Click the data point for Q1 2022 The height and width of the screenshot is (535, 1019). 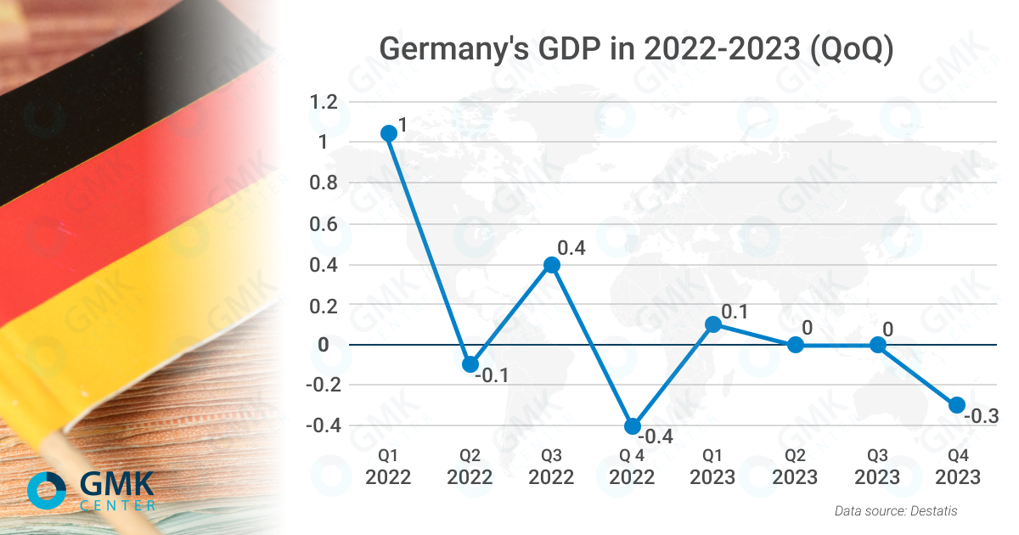click(x=389, y=133)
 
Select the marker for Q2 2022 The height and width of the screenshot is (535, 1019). click(x=470, y=364)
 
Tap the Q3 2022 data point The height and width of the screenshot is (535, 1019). click(x=552, y=265)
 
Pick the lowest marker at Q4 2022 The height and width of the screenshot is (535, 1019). click(x=633, y=426)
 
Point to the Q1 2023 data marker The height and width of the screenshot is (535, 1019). click(x=713, y=324)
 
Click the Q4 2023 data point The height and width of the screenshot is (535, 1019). click(x=957, y=404)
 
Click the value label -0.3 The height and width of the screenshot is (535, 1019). click(x=981, y=416)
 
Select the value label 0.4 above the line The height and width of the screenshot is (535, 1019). click(x=571, y=248)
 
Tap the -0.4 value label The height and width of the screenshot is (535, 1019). click(x=655, y=437)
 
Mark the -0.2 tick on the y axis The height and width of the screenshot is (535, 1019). click(x=323, y=385)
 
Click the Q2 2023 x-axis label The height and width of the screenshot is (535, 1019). click(x=795, y=468)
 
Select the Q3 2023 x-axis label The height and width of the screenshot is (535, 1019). click(x=876, y=468)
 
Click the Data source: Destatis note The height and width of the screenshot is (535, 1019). click(x=896, y=510)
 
